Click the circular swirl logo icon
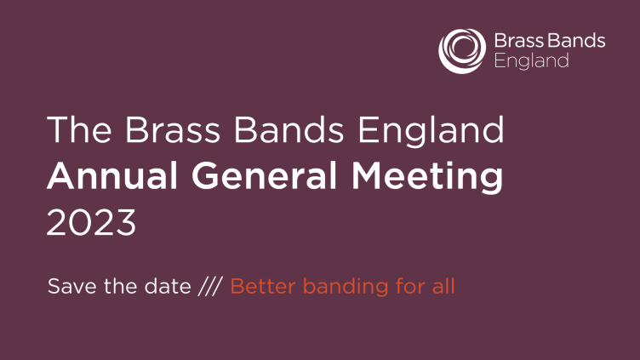point(462,51)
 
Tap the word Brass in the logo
point(519,41)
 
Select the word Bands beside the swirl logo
point(576,41)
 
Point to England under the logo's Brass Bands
point(531,61)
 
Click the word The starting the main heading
point(79,129)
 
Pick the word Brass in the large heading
point(173,129)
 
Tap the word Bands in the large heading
point(289,129)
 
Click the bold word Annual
point(112,175)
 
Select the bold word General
point(264,175)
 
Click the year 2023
point(91,222)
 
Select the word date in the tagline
point(168,286)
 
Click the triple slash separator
point(210,286)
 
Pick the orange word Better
point(262,286)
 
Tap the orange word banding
point(346,287)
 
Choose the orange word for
point(410,286)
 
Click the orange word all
point(443,286)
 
